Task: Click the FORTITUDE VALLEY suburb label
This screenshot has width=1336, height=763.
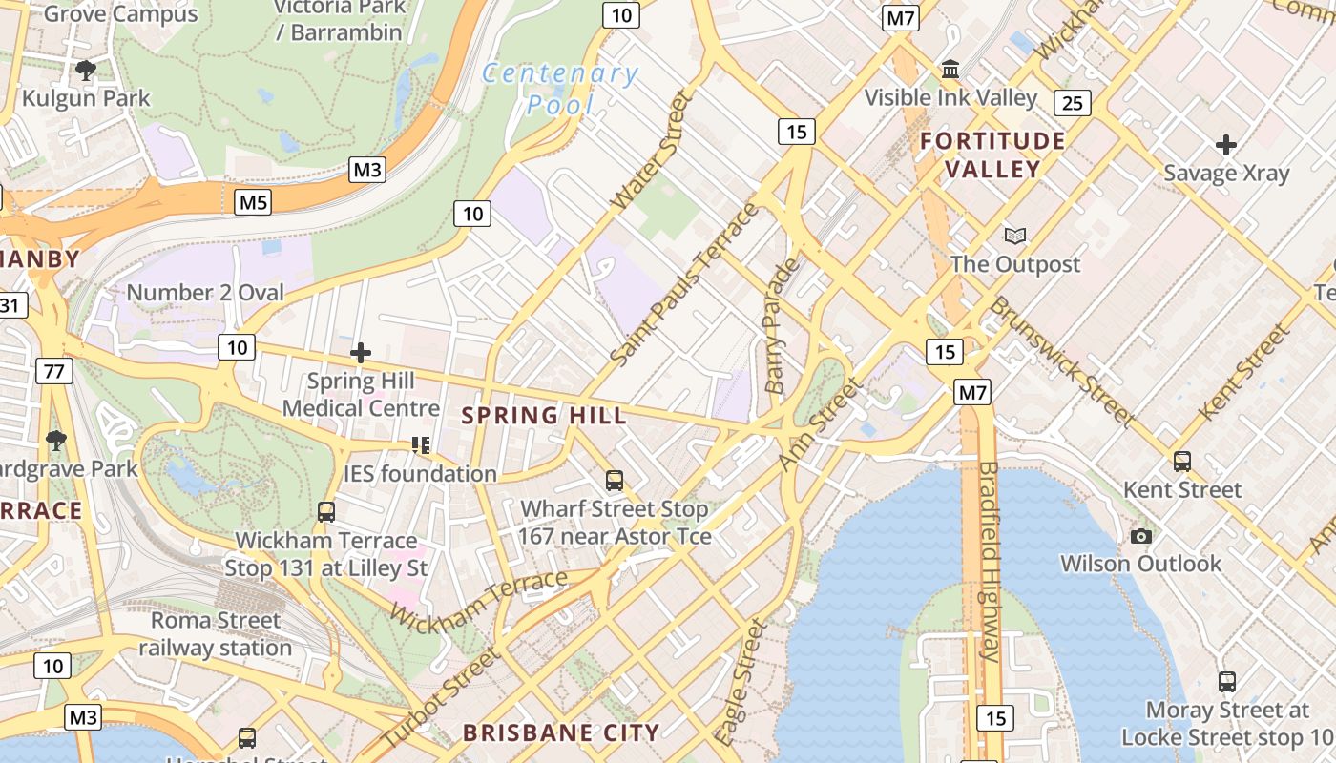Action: point(992,155)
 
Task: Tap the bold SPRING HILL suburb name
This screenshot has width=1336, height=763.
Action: point(545,416)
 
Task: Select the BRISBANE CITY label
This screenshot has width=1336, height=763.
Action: point(561,733)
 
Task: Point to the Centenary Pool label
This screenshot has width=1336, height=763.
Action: point(560,89)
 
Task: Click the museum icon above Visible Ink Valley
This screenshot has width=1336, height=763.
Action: point(950,70)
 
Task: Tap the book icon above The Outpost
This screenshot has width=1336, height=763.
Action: point(1015,236)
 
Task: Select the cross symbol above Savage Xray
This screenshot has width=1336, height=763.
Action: point(1226,145)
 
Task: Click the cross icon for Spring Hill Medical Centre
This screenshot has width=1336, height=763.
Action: point(360,353)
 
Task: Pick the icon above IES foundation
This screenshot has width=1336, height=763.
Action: point(421,445)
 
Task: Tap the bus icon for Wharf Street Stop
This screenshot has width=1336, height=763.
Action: point(615,481)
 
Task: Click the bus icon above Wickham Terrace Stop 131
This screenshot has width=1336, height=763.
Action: point(326,512)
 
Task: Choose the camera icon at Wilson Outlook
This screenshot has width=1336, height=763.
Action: point(1140,536)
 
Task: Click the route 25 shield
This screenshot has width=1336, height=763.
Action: point(1073,103)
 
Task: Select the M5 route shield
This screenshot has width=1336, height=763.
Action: point(253,202)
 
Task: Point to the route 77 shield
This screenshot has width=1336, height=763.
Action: point(54,371)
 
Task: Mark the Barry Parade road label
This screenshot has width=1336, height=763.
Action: point(781,325)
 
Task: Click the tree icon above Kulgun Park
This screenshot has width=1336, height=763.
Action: point(86,70)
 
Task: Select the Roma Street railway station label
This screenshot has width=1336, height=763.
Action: point(216,634)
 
